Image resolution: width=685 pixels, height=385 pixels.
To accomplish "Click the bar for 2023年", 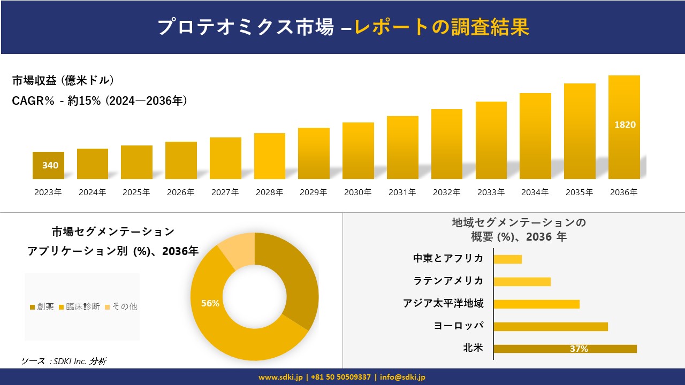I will coord(48,165).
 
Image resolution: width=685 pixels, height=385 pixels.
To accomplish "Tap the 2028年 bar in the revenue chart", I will coord(269,156).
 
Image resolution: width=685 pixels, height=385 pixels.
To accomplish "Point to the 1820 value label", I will coord(625,125).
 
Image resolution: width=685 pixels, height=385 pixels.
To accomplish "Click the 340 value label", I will coord(50,165).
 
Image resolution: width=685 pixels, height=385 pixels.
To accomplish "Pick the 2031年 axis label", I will coord(402,192).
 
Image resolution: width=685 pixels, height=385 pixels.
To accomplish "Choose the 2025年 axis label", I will coord(136,192).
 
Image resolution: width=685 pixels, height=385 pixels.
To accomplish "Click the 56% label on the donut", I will coord(210,303).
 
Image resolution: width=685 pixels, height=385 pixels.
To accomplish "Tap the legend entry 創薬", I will coord(42,306).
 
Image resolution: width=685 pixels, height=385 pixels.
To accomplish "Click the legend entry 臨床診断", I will coord(79,306).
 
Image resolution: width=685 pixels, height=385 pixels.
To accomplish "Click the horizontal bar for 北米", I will coord(565,349).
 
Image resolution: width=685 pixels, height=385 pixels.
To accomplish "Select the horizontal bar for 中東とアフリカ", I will coord(507,259).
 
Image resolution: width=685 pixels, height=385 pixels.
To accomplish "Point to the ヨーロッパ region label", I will coord(459,326).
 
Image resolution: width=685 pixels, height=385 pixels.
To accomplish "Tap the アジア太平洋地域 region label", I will coord(443,304).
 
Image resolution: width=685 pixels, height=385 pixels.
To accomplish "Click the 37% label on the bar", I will coord(579,349).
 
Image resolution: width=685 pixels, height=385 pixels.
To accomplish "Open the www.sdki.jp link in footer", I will coord(281,377).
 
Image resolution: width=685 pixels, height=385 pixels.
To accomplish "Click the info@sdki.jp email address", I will coord(402,377).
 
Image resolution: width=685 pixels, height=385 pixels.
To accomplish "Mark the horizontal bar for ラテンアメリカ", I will coord(522,282).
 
